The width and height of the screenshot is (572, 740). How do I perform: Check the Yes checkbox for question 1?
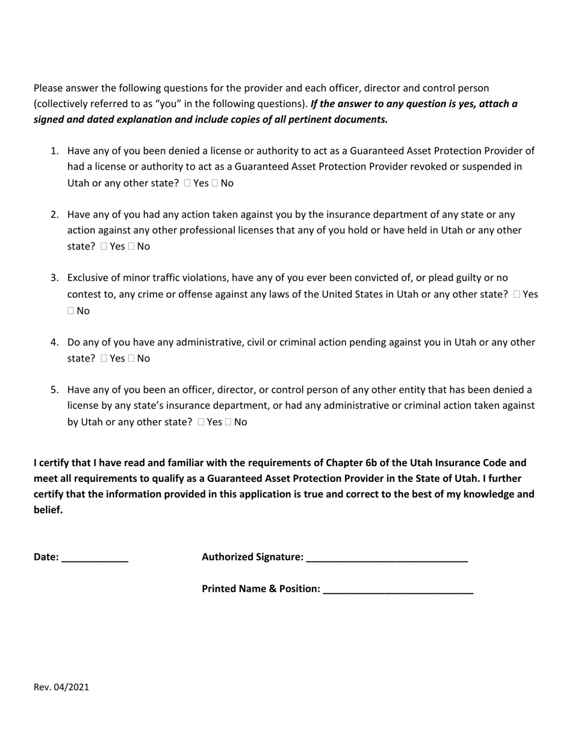point(188,183)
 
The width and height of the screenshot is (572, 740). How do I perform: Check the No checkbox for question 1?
point(215,183)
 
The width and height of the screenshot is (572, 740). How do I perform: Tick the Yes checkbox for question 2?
point(104,246)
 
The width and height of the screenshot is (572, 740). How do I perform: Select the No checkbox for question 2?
point(131,246)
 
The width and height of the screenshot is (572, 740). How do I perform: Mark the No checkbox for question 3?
point(71,310)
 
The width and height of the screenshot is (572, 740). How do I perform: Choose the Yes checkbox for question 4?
point(104,358)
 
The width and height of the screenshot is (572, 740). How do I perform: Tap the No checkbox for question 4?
point(131,358)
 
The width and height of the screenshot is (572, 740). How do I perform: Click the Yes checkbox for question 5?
point(201,422)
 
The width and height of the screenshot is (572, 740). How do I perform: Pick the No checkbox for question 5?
point(228,422)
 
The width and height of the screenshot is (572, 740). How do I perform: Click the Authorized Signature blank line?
point(387,558)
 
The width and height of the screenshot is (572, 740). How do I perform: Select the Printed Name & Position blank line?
point(398,589)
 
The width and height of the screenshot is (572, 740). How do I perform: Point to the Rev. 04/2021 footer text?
point(61,686)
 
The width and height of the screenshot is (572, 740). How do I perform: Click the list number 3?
point(54,278)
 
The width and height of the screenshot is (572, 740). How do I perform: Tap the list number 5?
point(54,390)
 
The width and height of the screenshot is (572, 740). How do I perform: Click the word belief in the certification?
point(48,510)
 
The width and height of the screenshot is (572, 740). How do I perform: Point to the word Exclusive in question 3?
point(88,278)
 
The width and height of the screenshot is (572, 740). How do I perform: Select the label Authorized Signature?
point(252,557)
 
